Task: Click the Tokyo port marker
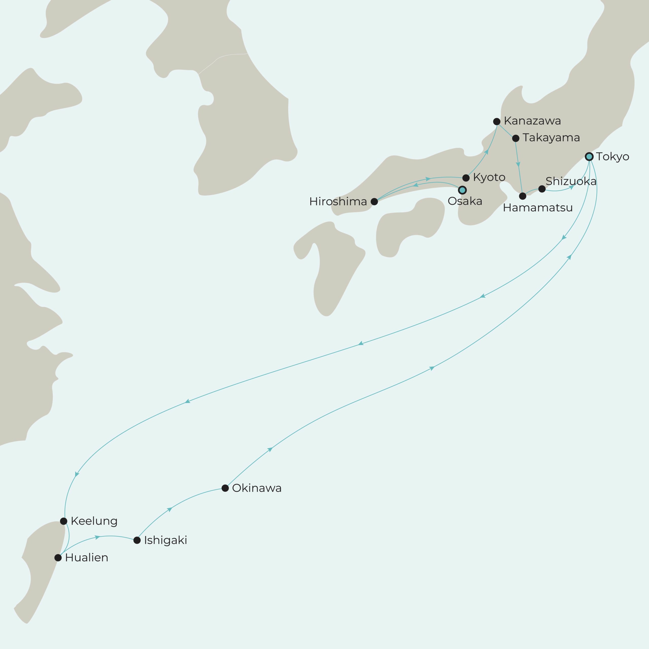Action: click(589, 156)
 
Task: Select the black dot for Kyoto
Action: click(466, 178)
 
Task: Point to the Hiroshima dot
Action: click(374, 202)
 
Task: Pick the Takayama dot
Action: click(516, 138)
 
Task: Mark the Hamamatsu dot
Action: click(523, 196)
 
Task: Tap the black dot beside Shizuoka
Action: click(542, 189)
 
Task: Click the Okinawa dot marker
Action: click(225, 488)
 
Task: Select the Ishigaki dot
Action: click(137, 540)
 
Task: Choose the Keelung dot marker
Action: click(63, 521)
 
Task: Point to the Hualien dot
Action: click(58, 558)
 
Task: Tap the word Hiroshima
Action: click(338, 202)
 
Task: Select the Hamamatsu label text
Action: click(537, 208)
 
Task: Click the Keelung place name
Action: click(94, 521)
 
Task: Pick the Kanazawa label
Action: click(532, 121)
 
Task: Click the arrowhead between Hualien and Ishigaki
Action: click(97, 537)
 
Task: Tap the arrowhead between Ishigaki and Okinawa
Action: click(170, 510)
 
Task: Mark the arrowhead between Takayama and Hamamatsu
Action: click(518, 165)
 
